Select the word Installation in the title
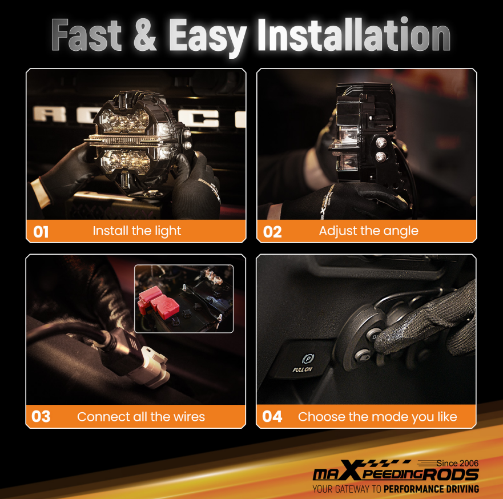(353, 36)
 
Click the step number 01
(41, 232)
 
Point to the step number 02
(272, 232)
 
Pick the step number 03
(41, 417)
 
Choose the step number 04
(272, 417)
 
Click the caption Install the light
(136, 231)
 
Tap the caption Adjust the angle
(368, 231)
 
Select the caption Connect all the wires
(140, 417)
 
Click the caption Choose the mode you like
(377, 417)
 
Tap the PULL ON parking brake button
(303, 363)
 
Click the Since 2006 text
(457, 463)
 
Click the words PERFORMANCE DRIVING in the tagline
(431, 489)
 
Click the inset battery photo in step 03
(183, 298)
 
